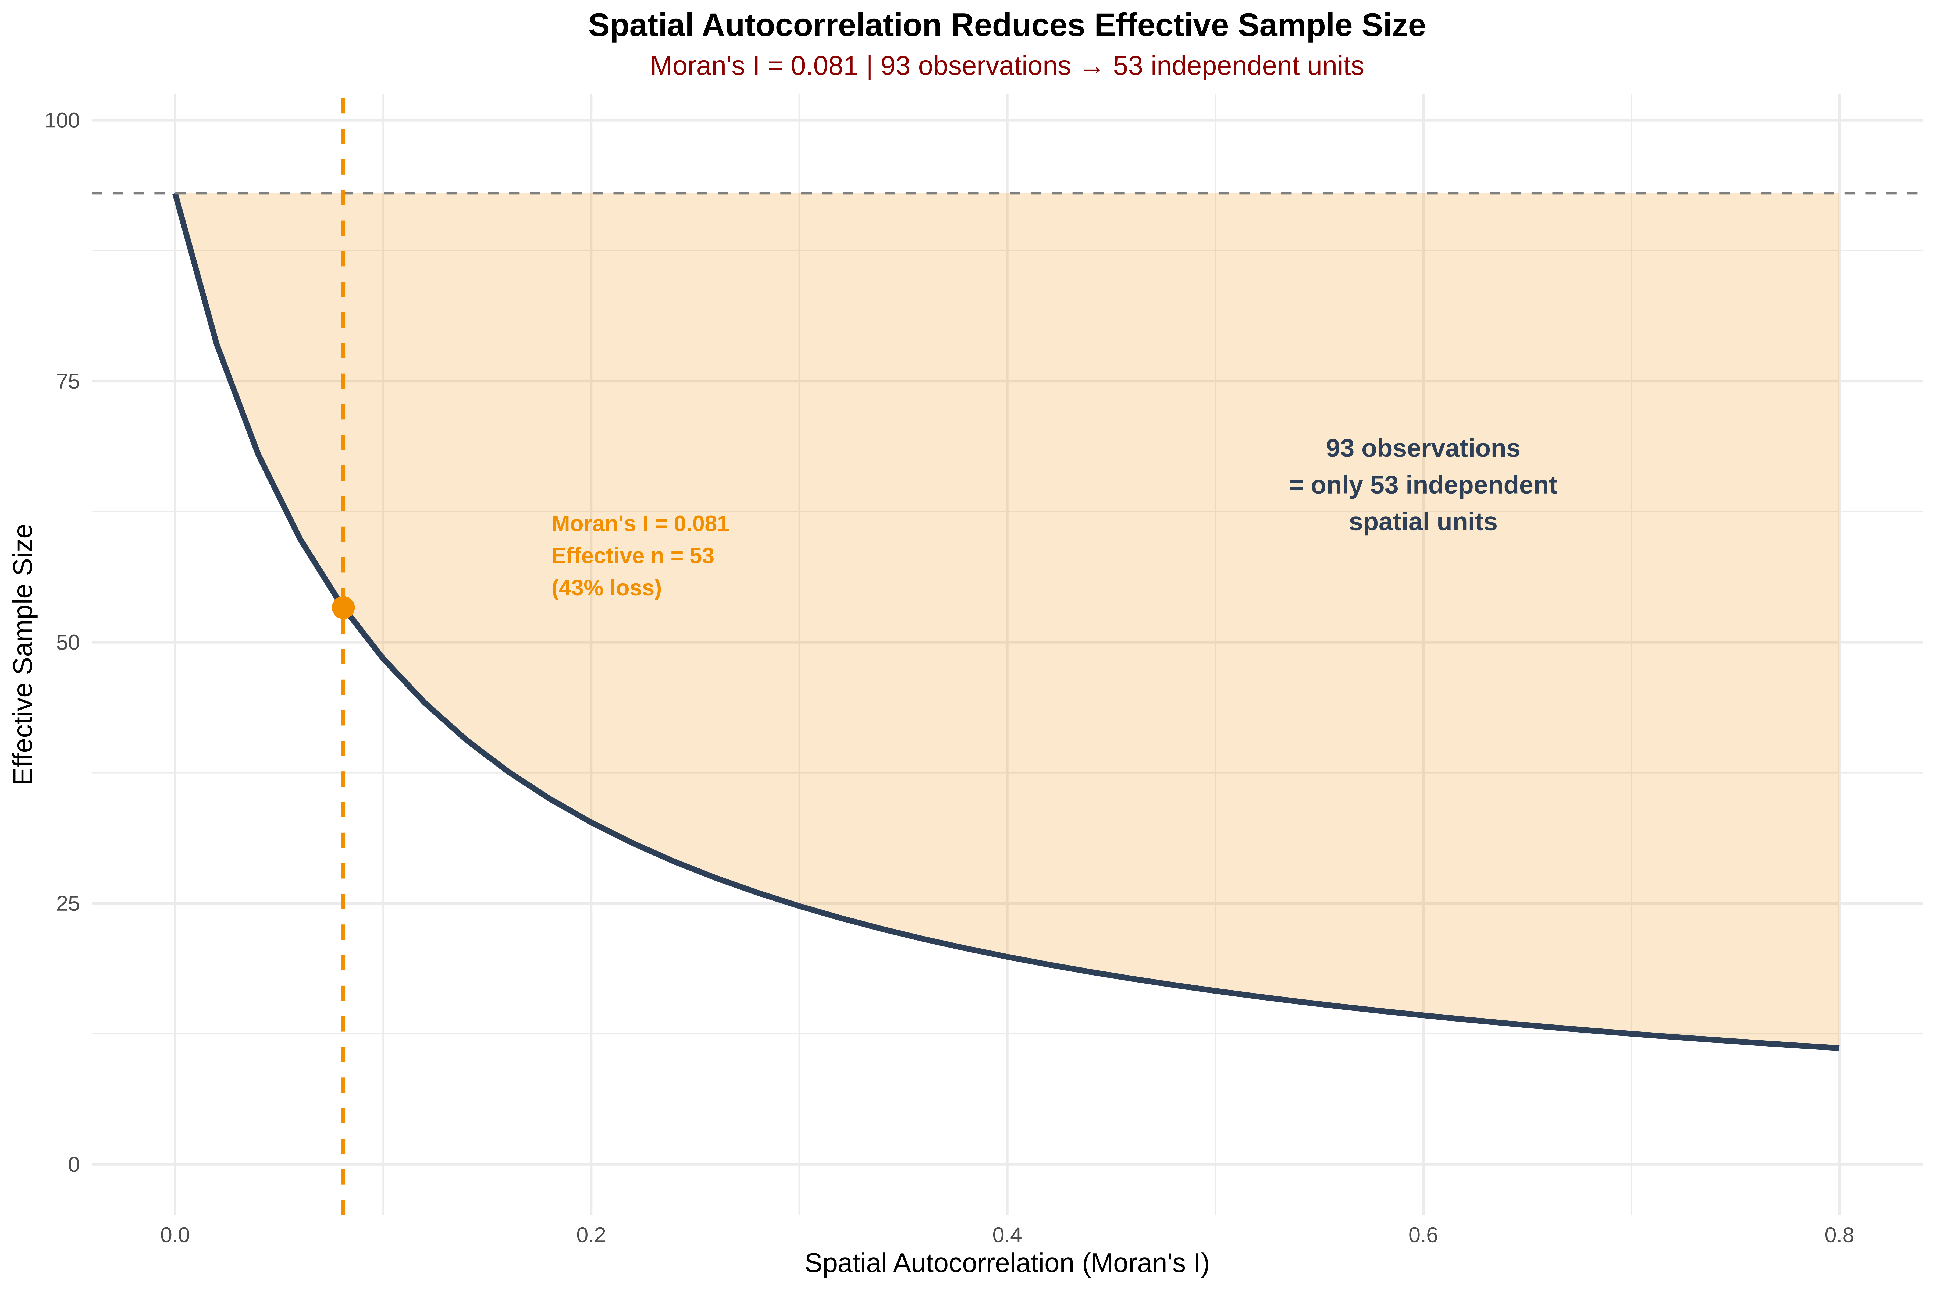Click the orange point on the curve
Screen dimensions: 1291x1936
coord(343,608)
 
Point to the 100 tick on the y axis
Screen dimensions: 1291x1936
coord(62,121)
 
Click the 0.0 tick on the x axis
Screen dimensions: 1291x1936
coord(175,1235)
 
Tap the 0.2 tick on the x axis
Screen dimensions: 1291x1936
coord(591,1235)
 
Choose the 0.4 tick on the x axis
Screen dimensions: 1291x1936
coord(1007,1235)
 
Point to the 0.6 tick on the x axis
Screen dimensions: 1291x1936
coord(1423,1235)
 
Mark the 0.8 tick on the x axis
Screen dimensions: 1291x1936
coord(1839,1235)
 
